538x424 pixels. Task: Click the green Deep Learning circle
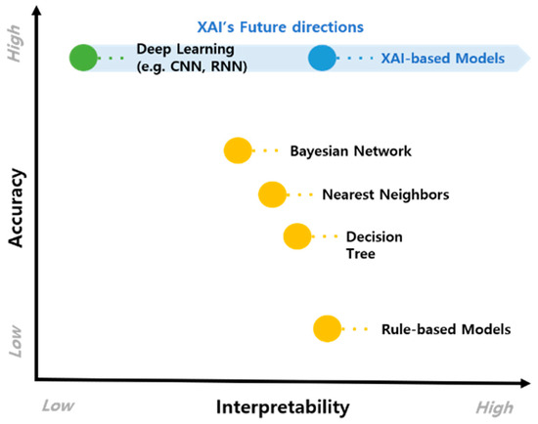coord(84,58)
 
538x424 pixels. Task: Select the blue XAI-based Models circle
coord(322,59)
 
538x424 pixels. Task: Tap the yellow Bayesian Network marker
coord(238,150)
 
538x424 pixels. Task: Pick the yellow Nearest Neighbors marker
coord(271,194)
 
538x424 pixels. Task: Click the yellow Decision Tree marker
coord(296,236)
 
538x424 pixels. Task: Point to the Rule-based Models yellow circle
coord(327,329)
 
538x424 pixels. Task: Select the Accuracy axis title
coord(15,209)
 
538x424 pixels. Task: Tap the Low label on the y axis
coord(15,339)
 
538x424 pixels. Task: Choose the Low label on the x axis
coord(61,403)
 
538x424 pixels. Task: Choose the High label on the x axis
coord(494,404)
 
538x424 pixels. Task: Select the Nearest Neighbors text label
coord(385,194)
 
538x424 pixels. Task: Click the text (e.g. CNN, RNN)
coord(192,66)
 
